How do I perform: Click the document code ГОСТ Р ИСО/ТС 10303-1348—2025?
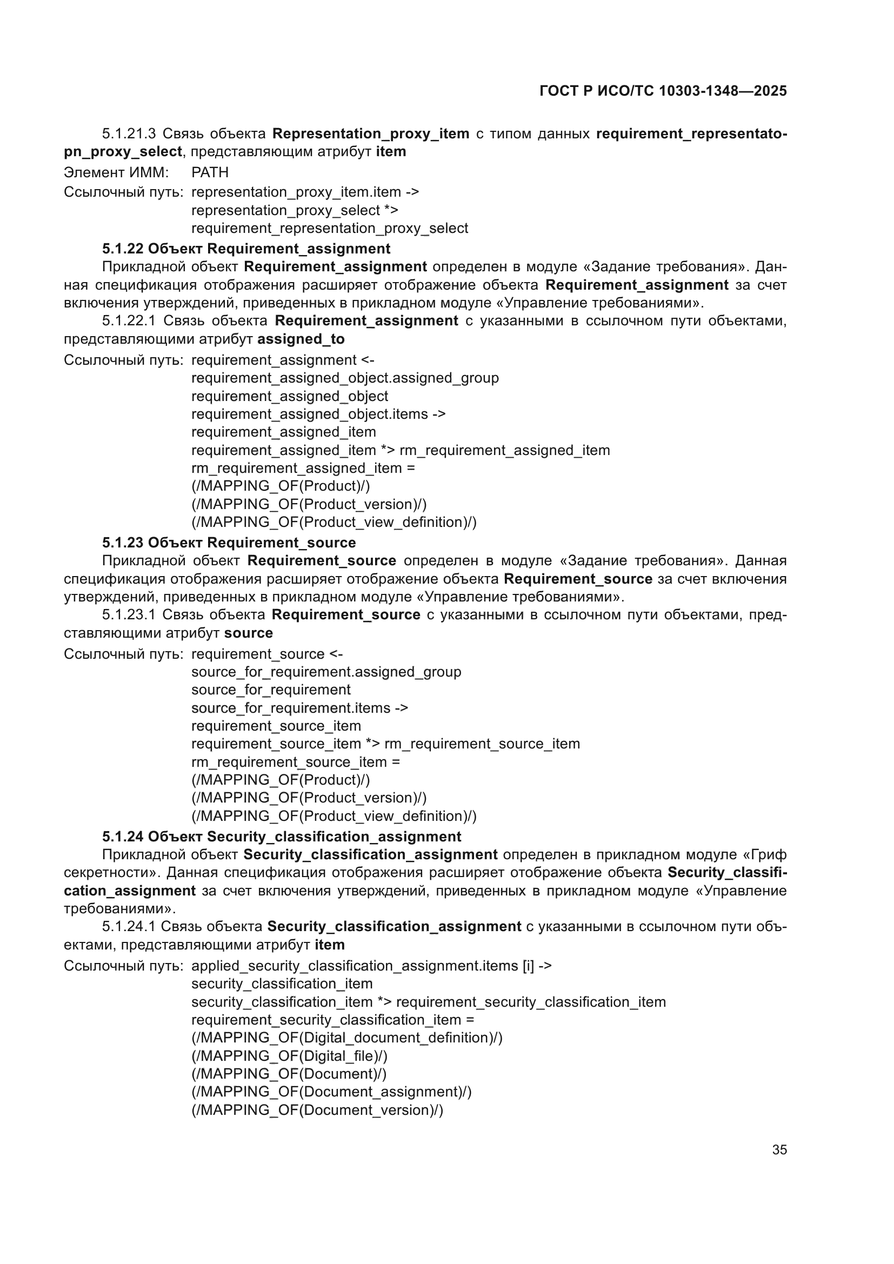(663, 91)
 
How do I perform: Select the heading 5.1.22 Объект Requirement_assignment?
(246, 249)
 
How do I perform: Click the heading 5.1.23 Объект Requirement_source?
(229, 543)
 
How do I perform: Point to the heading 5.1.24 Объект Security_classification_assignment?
(281, 837)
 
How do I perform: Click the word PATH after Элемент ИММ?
(210, 172)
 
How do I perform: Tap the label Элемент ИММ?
(116, 172)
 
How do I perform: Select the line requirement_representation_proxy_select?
(329, 228)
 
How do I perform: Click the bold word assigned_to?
(301, 339)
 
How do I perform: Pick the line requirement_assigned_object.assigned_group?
(345, 378)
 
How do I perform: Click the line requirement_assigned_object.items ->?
(318, 414)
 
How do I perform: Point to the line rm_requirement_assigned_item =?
(303, 468)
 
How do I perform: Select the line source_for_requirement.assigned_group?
(326, 672)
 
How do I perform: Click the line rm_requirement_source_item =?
(296, 762)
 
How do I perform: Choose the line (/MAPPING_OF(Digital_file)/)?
(289, 1056)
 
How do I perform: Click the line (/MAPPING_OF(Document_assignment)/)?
(331, 1092)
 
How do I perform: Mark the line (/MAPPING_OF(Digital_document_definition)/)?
(347, 1038)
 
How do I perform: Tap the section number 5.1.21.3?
(129, 134)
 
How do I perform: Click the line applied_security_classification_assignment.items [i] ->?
(371, 966)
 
